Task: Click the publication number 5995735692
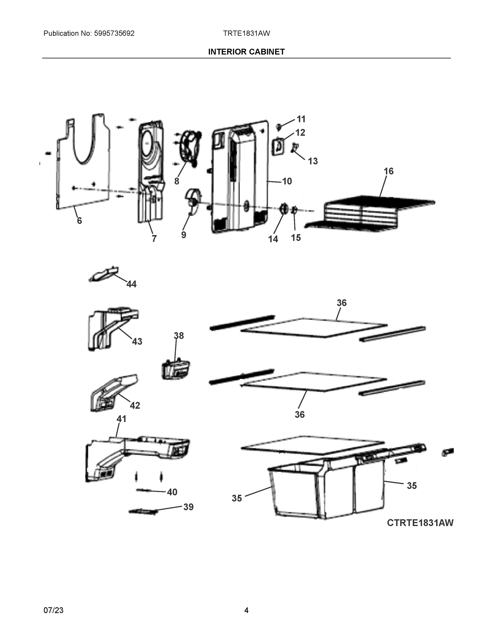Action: (x=114, y=33)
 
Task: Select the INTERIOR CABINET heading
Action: (x=246, y=52)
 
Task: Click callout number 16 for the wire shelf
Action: (x=389, y=171)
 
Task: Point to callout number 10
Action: (x=287, y=181)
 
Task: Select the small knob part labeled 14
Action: (x=283, y=209)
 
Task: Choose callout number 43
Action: (x=137, y=341)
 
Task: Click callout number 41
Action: (x=121, y=419)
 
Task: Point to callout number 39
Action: (x=188, y=507)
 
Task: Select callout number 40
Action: (x=172, y=492)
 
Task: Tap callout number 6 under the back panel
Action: (x=79, y=221)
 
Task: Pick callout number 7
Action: (x=154, y=239)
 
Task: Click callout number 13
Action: (x=313, y=161)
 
